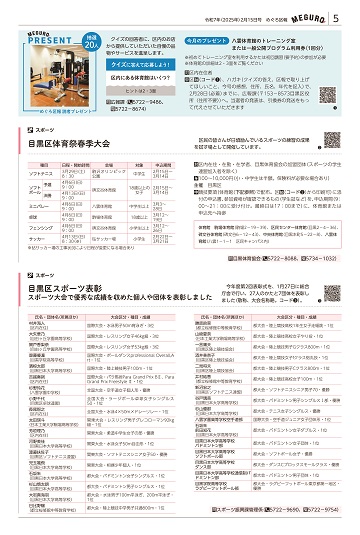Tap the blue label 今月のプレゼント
[209, 33]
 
